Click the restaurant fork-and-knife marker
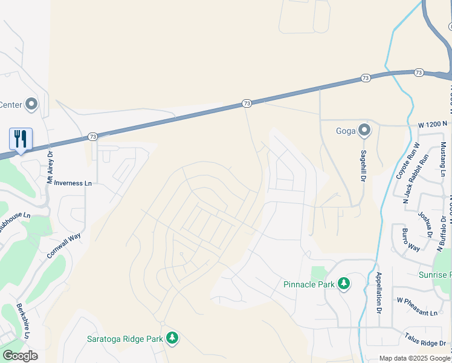21,139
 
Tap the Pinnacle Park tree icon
344,284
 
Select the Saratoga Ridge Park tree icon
172,338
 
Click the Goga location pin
364,130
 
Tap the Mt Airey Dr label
51,167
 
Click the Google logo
20,356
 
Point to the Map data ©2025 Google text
415,358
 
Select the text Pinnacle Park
309,284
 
